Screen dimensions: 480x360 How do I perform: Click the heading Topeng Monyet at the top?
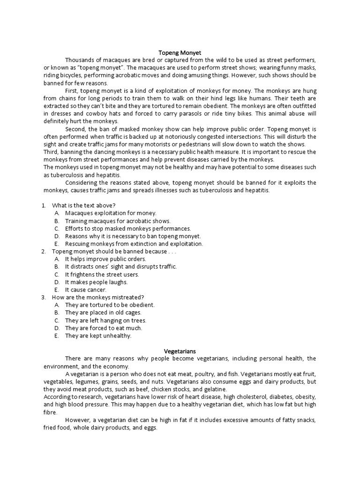pyautogui.click(x=180, y=52)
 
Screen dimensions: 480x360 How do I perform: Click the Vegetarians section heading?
pyautogui.click(x=180, y=351)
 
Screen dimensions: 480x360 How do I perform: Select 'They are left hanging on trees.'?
pyautogui.click(x=105, y=320)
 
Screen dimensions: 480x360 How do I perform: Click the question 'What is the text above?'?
pyautogui.click(x=83, y=205)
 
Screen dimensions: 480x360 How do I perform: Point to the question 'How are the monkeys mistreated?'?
pyautogui.click(x=97, y=297)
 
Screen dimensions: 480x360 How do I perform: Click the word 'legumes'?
pyautogui.click(x=84, y=382)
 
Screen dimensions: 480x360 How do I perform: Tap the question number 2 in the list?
pyautogui.click(x=43, y=251)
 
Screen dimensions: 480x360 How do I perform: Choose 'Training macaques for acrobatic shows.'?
pyautogui.click(x=118, y=221)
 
